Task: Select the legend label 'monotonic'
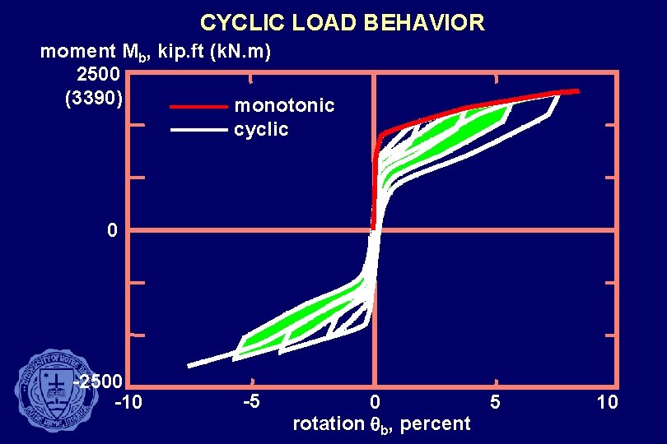coord(284,105)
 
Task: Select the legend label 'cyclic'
coord(261,129)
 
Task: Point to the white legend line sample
coord(198,130)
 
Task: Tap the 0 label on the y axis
coord(111,230)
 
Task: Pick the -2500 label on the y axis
coord(98,382)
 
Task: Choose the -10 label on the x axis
coord(128,403)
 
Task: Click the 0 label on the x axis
coord(375,403)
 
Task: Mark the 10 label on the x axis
coord(607,402)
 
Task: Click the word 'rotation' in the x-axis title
coord(327,424)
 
